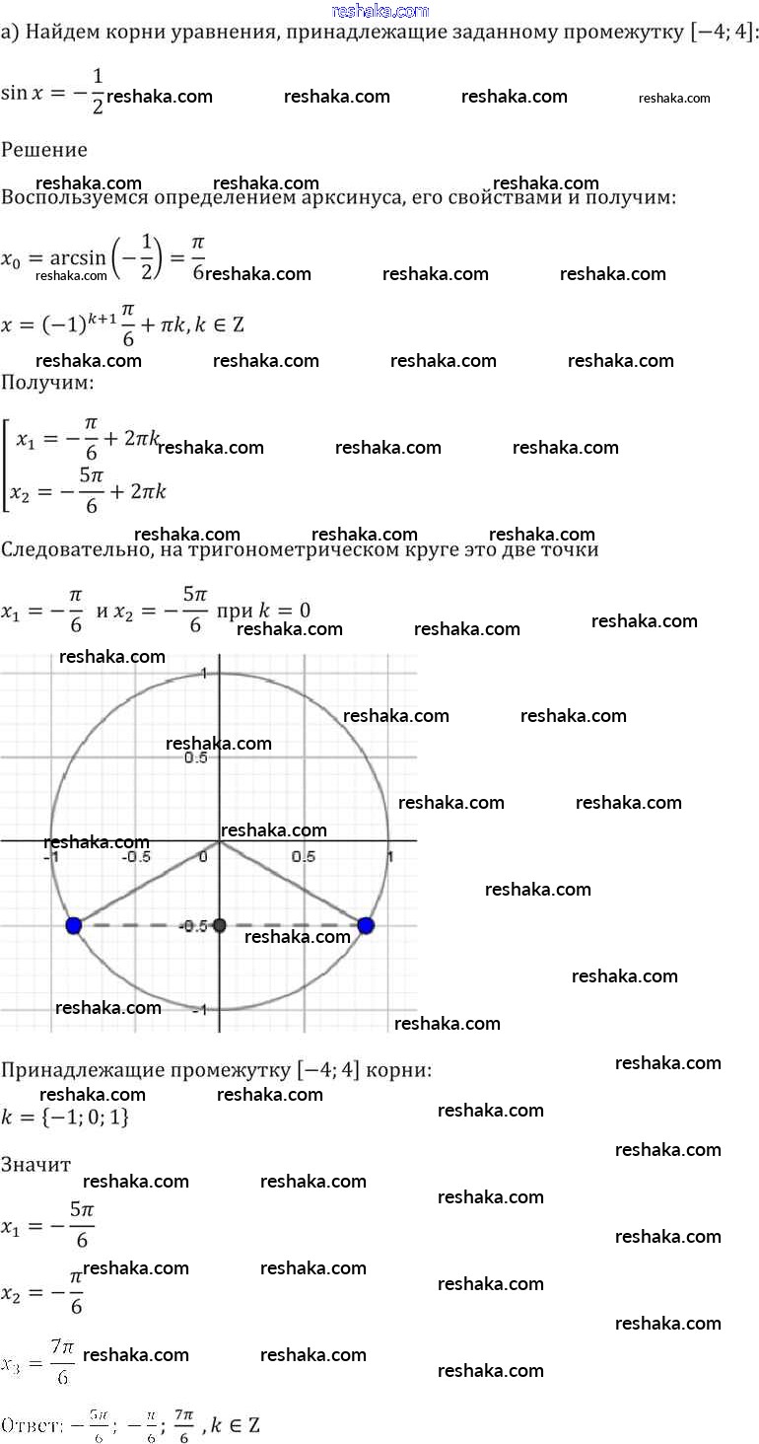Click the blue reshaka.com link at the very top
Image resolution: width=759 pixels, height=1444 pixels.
pos(380,11)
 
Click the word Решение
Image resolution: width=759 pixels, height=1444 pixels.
pos(44,150)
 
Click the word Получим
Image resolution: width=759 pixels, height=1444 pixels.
pos(46,382)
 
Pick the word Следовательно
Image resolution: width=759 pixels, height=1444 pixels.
pos(73,549)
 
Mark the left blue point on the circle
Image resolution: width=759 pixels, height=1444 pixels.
pos(73,925)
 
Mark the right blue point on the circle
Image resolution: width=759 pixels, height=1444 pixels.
pos(366,925)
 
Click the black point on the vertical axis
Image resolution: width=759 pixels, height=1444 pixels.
pos(220,925)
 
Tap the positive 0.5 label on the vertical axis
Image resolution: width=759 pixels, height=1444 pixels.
pos(196,758)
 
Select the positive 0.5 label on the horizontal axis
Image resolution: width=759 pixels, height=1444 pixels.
pos(304,856)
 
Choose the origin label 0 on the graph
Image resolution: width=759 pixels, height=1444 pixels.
pos(203,856)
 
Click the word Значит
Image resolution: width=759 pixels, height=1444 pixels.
pos(35,1165)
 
